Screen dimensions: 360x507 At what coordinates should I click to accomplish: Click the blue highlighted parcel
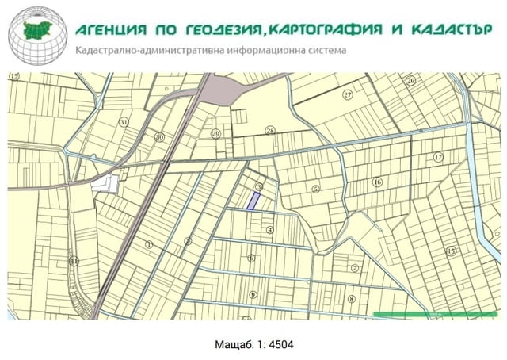[254, 201]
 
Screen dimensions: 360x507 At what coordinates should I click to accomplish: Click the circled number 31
[123, 122]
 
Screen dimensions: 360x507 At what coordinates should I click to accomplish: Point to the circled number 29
[215, 133]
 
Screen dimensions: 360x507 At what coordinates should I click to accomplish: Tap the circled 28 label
[269, 131]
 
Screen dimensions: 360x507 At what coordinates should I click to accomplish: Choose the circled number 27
[347, 94]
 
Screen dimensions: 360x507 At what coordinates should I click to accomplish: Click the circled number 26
[410, 81]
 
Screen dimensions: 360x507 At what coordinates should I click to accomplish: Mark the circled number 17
[437, 157]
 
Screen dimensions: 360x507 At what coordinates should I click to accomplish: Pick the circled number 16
[377, 182]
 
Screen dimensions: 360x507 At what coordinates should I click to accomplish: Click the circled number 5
[315, 189]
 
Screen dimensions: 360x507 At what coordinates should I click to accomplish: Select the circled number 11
[74, 260]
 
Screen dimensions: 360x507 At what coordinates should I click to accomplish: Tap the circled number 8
[351, 299]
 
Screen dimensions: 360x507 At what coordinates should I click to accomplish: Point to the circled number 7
[355, 267]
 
